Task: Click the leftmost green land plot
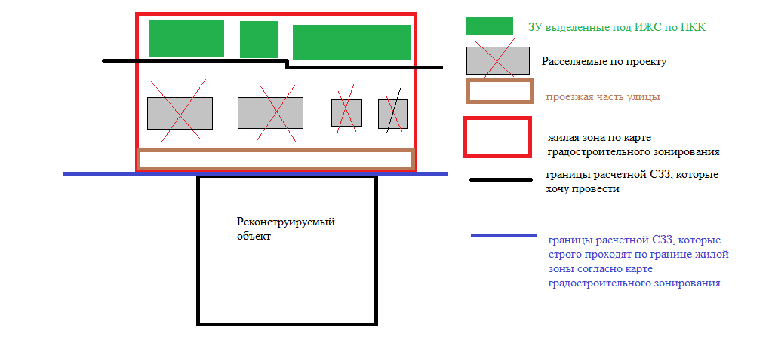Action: (186, 38)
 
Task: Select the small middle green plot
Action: (259, 39)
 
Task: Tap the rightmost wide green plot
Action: (351, 42)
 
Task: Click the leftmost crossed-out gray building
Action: (180, 113)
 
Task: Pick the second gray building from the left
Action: (270, 113)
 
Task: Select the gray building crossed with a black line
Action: (392, 114)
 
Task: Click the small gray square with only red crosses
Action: (346, 113)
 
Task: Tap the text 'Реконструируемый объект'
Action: (284, 229)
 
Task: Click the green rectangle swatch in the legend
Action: (489, 26)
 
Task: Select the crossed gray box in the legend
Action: (497, 60)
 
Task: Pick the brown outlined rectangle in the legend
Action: (500, 91)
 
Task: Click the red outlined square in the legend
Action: (497, 137)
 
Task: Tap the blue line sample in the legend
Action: (504, 236)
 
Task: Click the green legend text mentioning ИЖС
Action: (617, 28)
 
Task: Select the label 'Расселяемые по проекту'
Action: (604, 61)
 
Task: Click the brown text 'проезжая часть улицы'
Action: (603, 97)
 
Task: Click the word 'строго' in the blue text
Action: (564, 255)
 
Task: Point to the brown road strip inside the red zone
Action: (275, 159)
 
